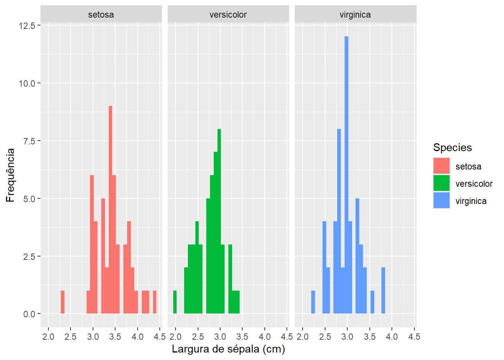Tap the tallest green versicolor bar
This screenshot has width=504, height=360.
point(219,221)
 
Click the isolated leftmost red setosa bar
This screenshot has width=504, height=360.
point(63,302)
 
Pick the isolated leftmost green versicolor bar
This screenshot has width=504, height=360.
point(175,302)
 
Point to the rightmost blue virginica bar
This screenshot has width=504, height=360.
point(383,291)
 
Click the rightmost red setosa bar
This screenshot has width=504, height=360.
point(154,302)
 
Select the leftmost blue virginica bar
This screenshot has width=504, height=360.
point(313,302)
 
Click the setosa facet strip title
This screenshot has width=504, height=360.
point(101,15)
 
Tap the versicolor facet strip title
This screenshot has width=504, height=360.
point(228,15)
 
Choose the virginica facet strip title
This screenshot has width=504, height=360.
point(355,15)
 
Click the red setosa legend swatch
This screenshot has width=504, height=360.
point(441,166)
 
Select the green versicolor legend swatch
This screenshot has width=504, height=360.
point(441,183)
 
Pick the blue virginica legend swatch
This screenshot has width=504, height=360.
point(441,201)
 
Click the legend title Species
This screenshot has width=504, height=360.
point(452,147)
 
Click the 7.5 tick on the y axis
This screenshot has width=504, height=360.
point(29,141)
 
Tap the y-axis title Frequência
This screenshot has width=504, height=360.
point(10,175)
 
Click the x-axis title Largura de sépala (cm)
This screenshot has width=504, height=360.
point(228,349)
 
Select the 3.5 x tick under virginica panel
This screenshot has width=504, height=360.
point(369,337)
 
